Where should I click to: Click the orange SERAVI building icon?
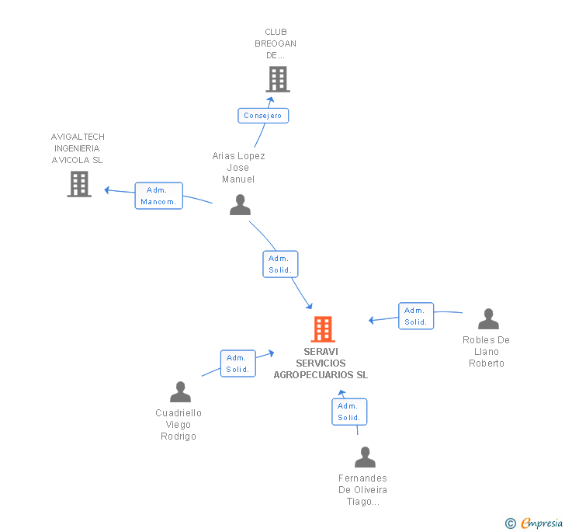coord(323,329)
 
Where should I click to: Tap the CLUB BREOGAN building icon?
coord(277,79)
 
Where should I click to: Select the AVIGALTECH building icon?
coord(79,184)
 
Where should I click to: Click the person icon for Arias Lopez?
coord(241,205)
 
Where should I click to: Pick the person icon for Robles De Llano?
coord(488,319)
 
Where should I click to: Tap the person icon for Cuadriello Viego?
coord(180,392)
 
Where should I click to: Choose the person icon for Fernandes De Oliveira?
coord(365,457)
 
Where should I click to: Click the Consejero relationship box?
coord(263,116)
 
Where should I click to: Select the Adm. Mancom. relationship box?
coord(158,196)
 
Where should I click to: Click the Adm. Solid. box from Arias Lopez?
coord(280,264)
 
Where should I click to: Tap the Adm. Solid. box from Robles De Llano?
coord(416,316)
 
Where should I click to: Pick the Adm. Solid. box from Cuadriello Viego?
coord(237,363)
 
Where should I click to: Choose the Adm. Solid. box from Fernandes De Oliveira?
coord(348,412)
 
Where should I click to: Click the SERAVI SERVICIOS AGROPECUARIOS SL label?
coord(321,363)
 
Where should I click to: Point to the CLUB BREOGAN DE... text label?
coord(276,43)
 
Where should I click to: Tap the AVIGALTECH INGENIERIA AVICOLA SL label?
coord(77,148)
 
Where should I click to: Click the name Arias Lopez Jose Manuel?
coord(238,168)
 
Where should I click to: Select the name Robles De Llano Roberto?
coord(487,352)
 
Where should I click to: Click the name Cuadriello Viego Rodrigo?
coord(179,425)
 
